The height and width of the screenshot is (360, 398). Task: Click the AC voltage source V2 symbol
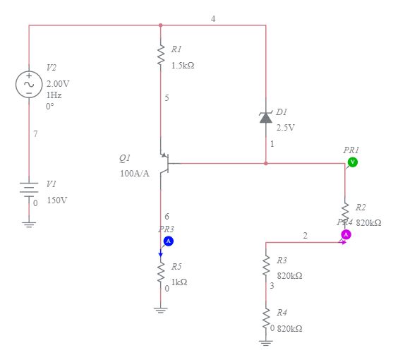(x=29, y=84)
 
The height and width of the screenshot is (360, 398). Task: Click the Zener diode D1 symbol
(x=265, y=117)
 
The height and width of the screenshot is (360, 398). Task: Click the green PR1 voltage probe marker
(x=352, y=162)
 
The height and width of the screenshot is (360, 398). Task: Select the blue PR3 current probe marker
(x=169, y=241)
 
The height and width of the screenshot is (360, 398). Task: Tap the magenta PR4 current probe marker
(x=346, y=234)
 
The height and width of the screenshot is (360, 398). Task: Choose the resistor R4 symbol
(x=266, y=318)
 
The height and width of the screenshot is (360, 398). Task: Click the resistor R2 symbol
(x=345, y=212)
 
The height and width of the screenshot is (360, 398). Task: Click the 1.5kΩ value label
(x=182, y=65)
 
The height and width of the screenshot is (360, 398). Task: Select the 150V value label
(x=56, y=200)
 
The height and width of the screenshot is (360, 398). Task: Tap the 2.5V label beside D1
(x=285, y=128)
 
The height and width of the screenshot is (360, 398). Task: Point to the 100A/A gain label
(x=134, y=174)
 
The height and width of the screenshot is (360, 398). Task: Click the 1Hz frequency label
(x=54, y=95)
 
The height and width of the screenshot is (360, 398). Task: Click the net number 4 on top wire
(x=213, y=18)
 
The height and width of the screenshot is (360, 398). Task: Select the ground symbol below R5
(x=161, y=308)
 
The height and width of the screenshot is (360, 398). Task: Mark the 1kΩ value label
(x=179, y=282)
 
